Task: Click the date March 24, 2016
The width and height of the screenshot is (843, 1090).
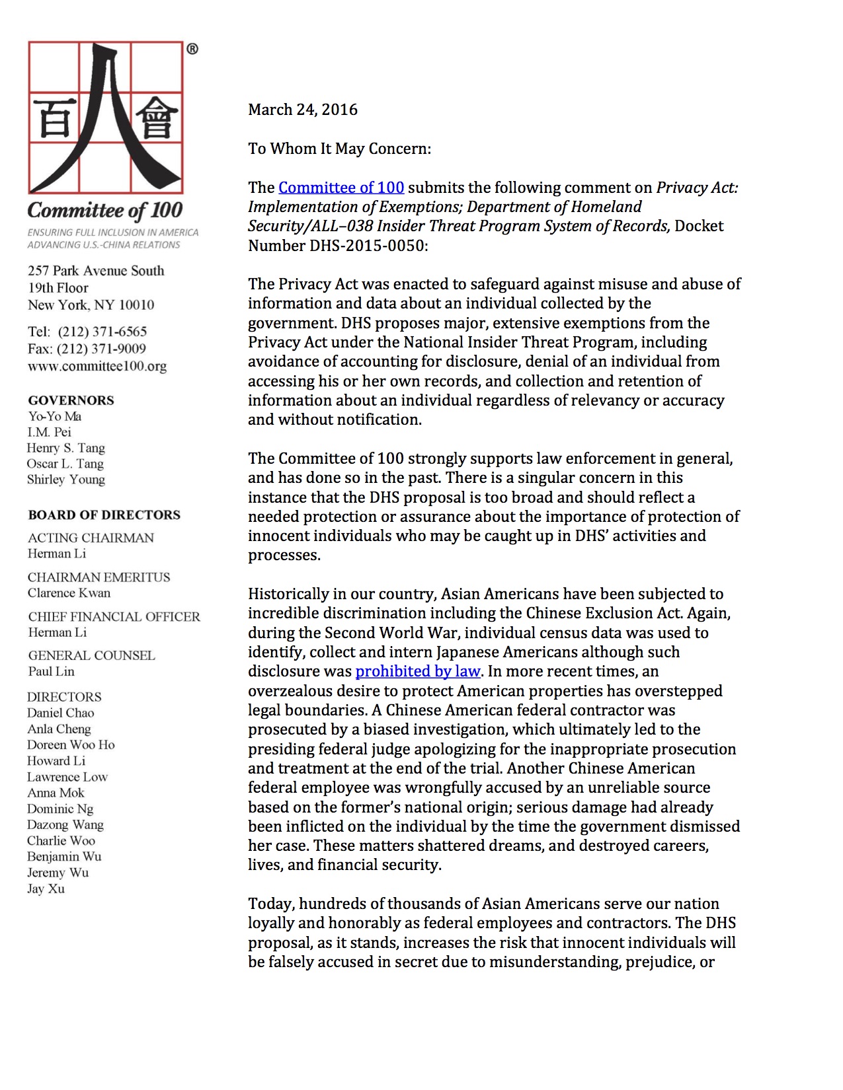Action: point(302,110)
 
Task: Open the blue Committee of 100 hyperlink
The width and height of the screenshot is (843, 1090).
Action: point(341,188)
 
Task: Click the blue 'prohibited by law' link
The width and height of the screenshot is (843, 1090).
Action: point(417,671)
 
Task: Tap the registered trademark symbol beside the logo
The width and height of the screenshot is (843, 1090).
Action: point(192,49)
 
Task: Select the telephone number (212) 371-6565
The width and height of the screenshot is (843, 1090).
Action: point(102,332)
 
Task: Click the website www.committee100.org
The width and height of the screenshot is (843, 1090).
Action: point(97,366)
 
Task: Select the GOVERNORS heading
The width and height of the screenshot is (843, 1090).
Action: point(71,400)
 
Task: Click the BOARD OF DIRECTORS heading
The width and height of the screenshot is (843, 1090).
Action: point(104,515)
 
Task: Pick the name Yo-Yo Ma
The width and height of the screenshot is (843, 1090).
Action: point(55,416)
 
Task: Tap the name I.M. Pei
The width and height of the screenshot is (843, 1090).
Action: point(50,432)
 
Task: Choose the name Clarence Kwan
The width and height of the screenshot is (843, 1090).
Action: point(69,593)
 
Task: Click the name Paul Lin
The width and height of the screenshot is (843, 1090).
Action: point(51,672)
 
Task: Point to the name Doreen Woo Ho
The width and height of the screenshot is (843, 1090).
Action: point(71,745)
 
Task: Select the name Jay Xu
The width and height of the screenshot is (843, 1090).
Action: point(46,889)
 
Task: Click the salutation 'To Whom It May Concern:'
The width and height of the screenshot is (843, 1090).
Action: point(339,149)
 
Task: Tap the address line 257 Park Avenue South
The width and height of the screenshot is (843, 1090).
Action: point(96,271)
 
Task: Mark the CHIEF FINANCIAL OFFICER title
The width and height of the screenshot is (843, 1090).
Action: point(114,617)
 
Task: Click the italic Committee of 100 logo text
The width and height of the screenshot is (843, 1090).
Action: point(104,211)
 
